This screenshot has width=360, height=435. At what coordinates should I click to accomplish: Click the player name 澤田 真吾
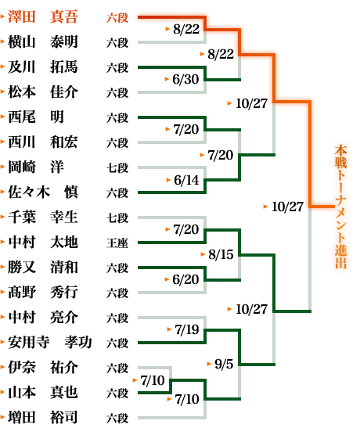[x=42, y=17]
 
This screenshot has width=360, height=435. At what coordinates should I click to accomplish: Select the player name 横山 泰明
[x=42, y=42]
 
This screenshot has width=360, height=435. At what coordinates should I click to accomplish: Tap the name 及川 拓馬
[x=42, y=67]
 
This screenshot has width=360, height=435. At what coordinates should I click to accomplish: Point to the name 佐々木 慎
[x=42, y=192]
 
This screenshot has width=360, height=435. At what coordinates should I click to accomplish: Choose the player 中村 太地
[x=42, y=243]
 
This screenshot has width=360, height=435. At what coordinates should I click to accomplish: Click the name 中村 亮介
[x=42, y=318]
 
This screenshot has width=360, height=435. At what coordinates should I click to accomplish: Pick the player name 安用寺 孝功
[x=49, y=343]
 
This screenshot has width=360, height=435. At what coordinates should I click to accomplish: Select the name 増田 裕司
[x=42, y=418]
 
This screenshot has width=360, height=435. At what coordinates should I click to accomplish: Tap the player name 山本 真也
[x=42, y=393]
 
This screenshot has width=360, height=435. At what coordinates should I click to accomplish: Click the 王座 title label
[x=117, y=243]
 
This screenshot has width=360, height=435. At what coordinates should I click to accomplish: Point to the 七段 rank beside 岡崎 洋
[x=117, y=168]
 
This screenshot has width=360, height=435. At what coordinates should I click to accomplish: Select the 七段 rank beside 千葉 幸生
[x=117, y=217]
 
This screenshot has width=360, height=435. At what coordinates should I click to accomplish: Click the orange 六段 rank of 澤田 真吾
[x=117, y=17]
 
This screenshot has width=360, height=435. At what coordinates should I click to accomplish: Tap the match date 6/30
[x=185, y=79]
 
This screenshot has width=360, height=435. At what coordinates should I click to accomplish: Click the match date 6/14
[x=186, y=180]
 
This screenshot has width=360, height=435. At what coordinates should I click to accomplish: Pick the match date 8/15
[x=221, y=254]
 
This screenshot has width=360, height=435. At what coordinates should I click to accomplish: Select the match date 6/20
[x=185, y=279]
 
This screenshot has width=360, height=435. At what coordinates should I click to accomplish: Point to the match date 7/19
[x=187, y=329]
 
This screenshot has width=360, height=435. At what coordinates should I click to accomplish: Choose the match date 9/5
[x=224, y=364]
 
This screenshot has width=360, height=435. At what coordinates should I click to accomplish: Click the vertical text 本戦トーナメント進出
[x=341, y=207]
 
